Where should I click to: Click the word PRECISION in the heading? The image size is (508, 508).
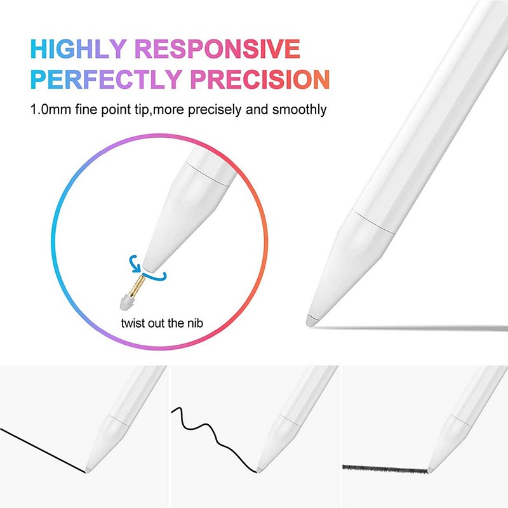pos(261,79)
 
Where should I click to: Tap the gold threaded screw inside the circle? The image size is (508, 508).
pos(135,282)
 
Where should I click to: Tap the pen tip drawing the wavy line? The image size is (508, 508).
pos(258,471)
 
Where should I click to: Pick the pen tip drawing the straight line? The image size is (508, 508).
pos(87,470)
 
